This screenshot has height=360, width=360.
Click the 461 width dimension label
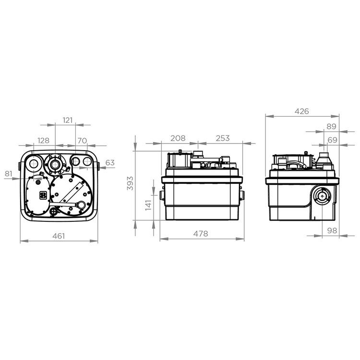click(59, 236)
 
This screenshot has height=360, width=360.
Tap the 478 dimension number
click(201, 234)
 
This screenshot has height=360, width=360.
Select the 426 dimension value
click(302, 111)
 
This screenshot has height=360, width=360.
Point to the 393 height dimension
click(130, 183)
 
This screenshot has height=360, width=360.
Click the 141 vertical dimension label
click(148, 205)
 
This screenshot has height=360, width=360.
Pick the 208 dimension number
click(178, 138)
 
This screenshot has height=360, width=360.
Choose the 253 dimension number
click(223, 138)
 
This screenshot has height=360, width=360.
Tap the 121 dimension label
click(68, 120)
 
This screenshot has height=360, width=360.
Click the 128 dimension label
click(43, 140)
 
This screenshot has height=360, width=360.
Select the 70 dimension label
click(82, 140)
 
